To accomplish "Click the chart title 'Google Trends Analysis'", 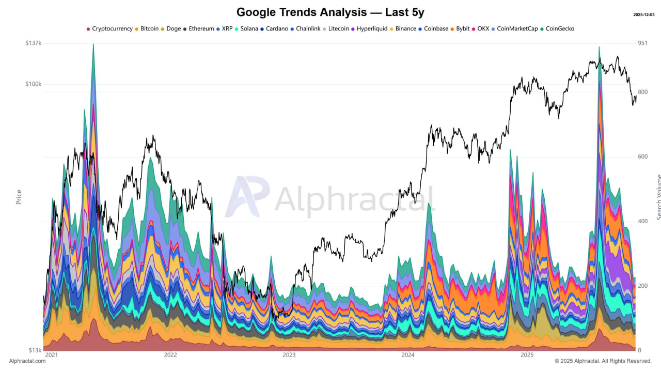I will tap(330, 12).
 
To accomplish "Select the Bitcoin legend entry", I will tap(149, 29).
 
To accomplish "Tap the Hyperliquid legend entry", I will tap(372, 29).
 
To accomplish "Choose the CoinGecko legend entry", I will tap(560, 29).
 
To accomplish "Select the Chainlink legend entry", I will tap(308, 29).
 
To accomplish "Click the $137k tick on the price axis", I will tap(33, 43).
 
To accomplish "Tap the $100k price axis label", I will tap(33, 84).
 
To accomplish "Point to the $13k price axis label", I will tap(35, 350).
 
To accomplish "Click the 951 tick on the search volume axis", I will tap(643, 43).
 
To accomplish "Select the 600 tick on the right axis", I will tap(643, 157).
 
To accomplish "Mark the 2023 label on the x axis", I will tap(289, 355).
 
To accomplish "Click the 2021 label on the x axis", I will tap(52, 355).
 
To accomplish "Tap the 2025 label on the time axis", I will tap(527, 355).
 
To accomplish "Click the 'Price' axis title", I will tap(19, 197).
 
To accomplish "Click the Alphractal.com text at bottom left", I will tap(27, 361).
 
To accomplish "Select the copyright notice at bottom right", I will tap(603, 361).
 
